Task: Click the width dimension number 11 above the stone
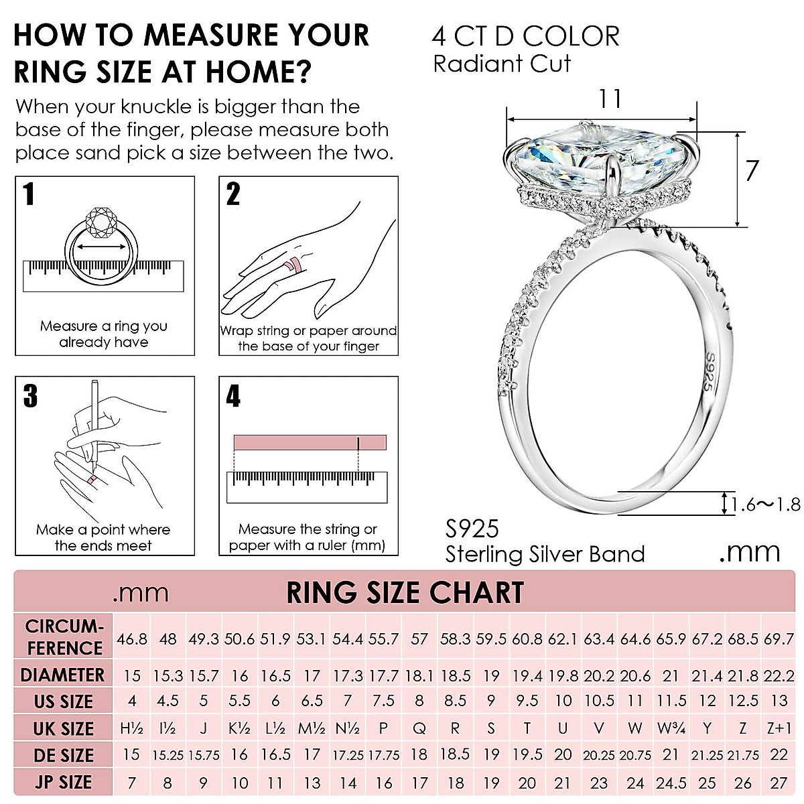tap(609, 99)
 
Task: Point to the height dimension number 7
tap(752, 171)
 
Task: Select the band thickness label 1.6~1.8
tap(766, 504)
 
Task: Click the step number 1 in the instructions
tap(28, 194)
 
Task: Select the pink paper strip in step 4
tap(310, 443)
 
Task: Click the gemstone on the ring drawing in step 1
tap(104, 220)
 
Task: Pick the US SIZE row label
tap(64, 701)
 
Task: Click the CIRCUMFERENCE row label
tap(64, 637)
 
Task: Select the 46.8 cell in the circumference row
tap(132, 639)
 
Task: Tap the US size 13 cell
tap(779, 701)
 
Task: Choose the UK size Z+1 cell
tap(779, 728)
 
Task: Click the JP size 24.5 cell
tap(671, 783)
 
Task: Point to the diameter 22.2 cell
tap(779, 675)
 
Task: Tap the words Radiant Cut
tap(502, 64)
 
